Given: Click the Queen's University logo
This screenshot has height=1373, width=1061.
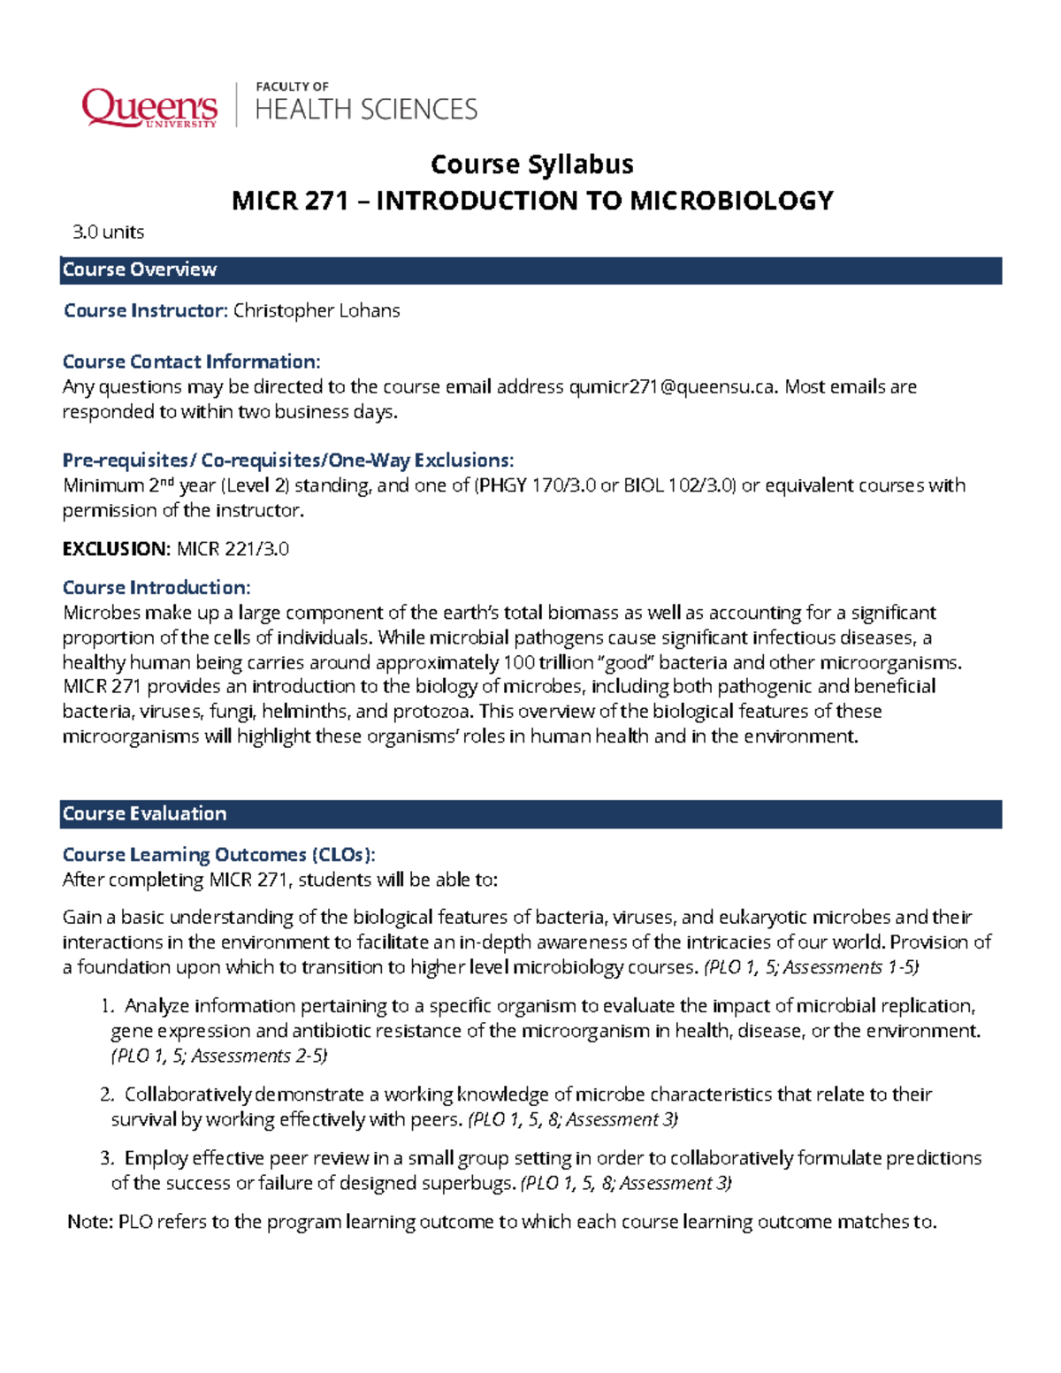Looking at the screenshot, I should [149, 108].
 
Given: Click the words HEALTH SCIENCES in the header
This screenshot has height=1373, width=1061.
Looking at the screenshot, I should [366, 110].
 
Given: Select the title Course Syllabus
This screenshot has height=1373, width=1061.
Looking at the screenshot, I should [531, 164].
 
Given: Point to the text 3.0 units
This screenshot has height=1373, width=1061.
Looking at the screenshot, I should [108, 233].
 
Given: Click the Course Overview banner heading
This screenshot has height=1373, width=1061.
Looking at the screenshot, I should [140, 270].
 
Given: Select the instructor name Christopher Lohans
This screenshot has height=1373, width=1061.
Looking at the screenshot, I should [316, 311].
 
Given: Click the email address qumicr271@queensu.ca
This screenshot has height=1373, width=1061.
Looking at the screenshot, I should [673, 387].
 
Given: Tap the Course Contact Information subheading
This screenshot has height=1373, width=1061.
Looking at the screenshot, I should [191, 362].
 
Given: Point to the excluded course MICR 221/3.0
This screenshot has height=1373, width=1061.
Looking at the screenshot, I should [233, 549].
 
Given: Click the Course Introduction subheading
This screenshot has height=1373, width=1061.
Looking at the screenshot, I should [156, 588].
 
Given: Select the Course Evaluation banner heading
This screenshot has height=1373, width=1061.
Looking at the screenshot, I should [145, 814].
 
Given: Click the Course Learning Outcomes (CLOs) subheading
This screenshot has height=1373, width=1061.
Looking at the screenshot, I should [218, 855].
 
